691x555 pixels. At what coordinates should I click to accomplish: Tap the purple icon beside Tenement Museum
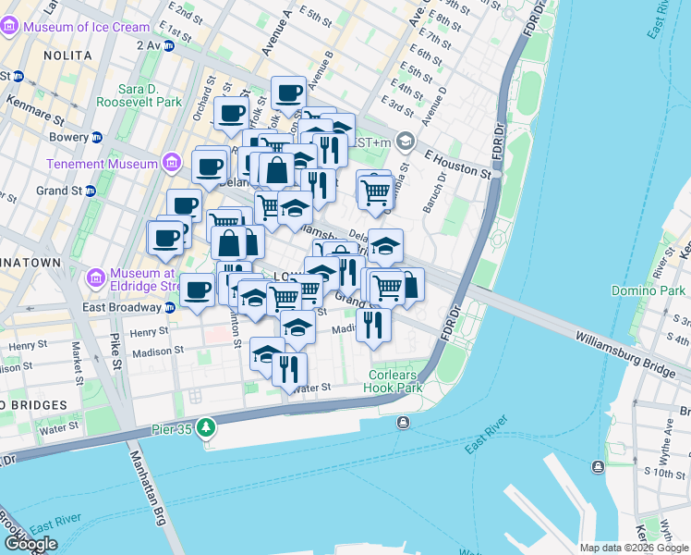click(170, 164)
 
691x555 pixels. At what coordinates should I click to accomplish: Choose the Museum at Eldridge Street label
click(145, 278)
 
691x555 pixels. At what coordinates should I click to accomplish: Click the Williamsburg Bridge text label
click(624, 354)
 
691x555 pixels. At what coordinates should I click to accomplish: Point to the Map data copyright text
click(633, 548)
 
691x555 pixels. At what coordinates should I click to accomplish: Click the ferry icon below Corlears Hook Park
click(403, 423)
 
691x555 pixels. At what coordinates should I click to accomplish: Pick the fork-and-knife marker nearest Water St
click(290, 369)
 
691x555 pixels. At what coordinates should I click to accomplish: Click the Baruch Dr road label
click(430, 192)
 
